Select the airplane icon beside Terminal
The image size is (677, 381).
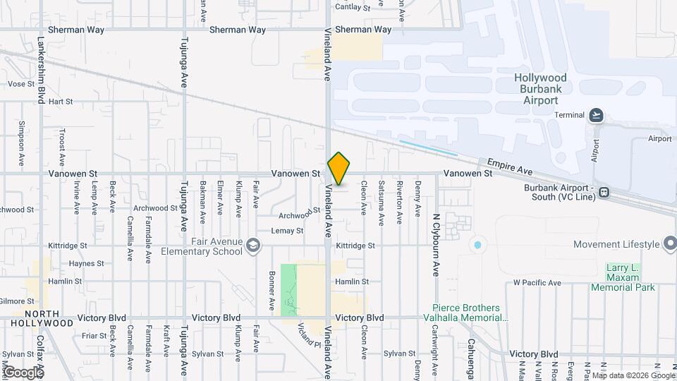coord(597,115)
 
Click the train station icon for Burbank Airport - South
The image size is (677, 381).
coord(604,192)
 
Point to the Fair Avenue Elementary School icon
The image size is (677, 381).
coord(253,246)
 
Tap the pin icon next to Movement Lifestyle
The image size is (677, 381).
coord(669,244)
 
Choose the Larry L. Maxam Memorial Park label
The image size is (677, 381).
coord(630,277)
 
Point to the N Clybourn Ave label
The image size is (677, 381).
coord(436,244)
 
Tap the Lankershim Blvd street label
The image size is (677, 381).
coord(42,71)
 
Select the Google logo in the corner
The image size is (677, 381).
coord(23,372)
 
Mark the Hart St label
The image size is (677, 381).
coord(61,102)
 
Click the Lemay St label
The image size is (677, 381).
coord(288,231)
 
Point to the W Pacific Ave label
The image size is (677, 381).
coord(537,283)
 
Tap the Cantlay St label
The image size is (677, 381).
coord(353,7)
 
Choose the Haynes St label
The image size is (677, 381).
coord(87,263)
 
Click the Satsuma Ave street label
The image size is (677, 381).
coord(382,202)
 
